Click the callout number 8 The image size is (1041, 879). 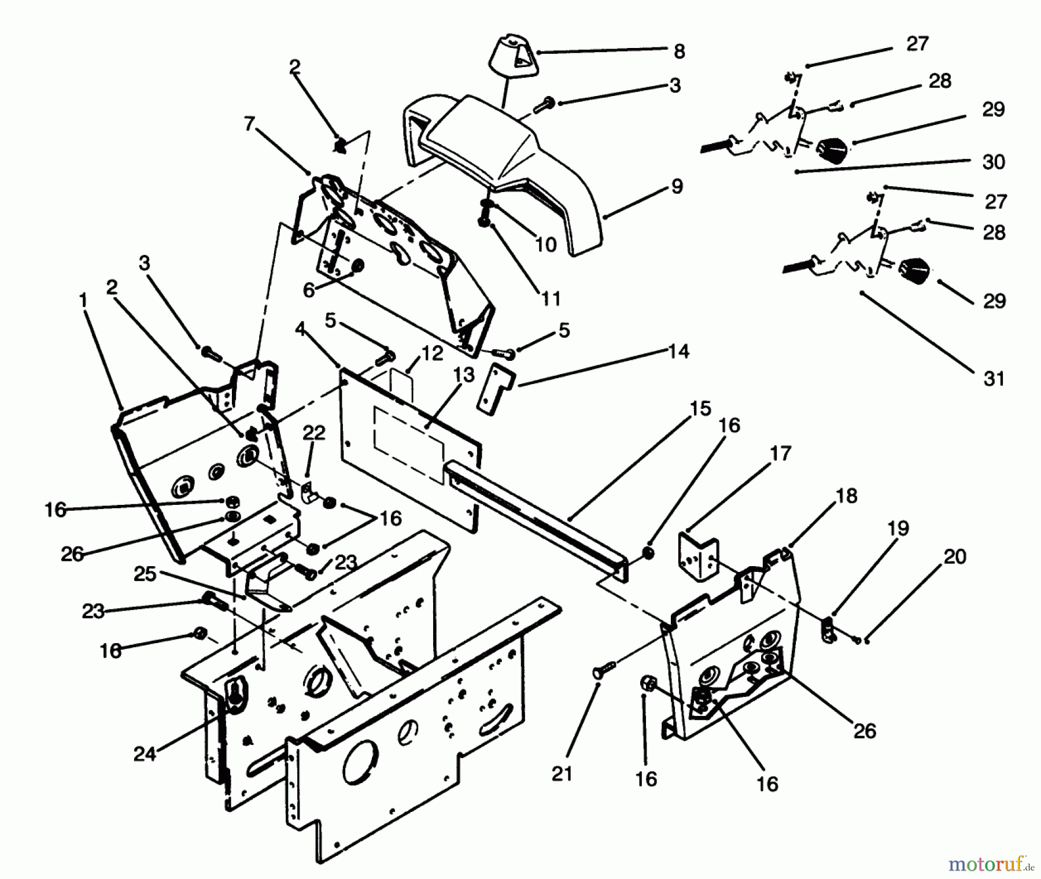[x=680, y=52]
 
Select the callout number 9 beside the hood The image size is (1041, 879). [x=677, y=186]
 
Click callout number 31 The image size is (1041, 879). [x=994, y=379]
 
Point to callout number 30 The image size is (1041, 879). [x=994, y=162]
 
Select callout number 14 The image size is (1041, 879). [x=679, y=351]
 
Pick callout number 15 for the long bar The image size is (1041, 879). [x=700, y=409]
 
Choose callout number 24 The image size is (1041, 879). [x=145, y=754]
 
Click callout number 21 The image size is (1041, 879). [x=562, y=774]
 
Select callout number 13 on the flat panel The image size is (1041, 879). [x=464, y=375]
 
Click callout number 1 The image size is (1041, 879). [x=83, y=300]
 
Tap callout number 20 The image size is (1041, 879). [x=955, y=556]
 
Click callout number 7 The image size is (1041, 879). [x=249, y=124]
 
